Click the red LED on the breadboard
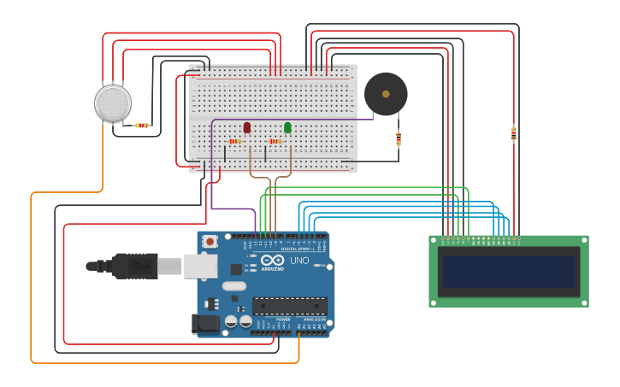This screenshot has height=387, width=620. (247, 127)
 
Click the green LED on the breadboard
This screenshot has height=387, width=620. (287, 127)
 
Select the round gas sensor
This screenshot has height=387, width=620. (113, 103)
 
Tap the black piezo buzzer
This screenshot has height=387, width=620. (386, 94)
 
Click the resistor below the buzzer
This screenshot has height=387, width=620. (399, 138)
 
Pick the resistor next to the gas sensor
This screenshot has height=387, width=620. (142, 126)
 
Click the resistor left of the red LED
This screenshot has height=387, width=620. (234, 141)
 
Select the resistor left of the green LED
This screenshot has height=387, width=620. (275, 141)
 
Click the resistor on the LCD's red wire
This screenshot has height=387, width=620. (513, 132)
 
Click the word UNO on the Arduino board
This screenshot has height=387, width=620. (299, 261)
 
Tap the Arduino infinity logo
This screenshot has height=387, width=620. (272, 260)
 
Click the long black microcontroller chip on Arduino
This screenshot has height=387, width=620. (289, 306)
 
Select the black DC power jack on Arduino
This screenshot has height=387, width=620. (204, 324)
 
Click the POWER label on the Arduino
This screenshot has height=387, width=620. (283, 320)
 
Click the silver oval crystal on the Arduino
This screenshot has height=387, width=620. (233, 286)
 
